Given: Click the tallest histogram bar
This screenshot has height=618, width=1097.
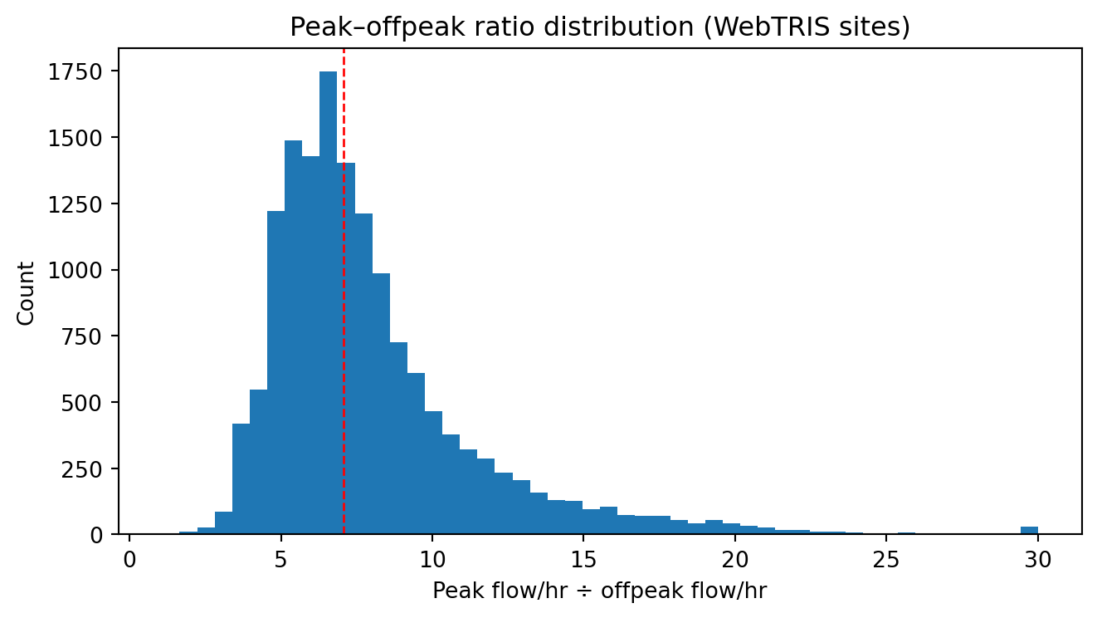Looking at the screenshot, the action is [x=328, y=303].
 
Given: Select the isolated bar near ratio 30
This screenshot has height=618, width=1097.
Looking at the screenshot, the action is [x=1029, y=530].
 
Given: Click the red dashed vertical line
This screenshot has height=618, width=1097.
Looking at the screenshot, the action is [x=344, y=291].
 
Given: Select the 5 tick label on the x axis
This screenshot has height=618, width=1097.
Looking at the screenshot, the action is [x=280, y=559].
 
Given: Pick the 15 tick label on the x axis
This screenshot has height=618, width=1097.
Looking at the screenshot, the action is [x=583, y=559].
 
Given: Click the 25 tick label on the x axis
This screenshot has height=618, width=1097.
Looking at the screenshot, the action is [x=886, y=559].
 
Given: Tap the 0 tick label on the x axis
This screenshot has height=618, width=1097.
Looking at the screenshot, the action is [x=129, y=559].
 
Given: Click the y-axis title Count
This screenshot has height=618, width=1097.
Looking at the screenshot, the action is [x=26, y=293].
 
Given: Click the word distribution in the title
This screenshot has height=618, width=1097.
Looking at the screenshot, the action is [x=617, y=27].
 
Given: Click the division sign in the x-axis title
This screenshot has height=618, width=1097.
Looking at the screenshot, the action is [x=586, y=592].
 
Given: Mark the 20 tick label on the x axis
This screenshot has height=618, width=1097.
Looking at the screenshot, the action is [x=734, y=559].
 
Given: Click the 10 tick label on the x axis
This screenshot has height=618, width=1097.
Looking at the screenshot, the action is [x=432, y=559].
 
